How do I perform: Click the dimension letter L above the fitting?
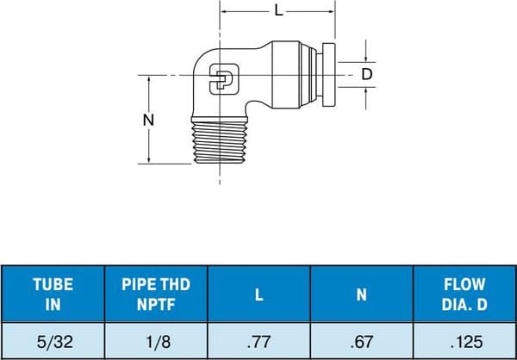coord(277,11)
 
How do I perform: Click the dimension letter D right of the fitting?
coord(366,75)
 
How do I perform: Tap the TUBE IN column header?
coord(53,294)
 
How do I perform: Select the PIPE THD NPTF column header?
coord(156,294)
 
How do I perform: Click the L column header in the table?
coord(258,294)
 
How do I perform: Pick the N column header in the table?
coord(361,294)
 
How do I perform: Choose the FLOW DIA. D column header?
coord(464,294)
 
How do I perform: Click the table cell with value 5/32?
coord(53,339)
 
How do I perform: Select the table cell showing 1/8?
coord(156,339)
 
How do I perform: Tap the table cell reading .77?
coord(258,339)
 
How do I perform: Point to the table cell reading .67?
coord(361,339)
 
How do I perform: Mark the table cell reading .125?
coord(464,339)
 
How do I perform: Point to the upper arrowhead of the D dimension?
coord(366,58)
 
